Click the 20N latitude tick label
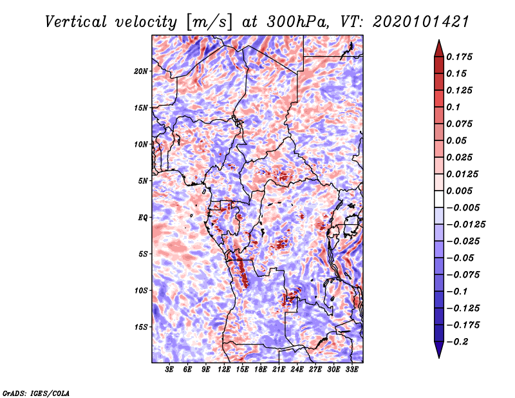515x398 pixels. click(x=141, y=71)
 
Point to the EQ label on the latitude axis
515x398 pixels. click(x=142, y=218)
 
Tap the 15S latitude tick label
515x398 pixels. click(x=141, y=327)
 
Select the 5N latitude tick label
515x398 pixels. click(x=143, y=181)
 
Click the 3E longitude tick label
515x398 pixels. click(x=170, y=370)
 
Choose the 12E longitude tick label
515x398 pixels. click(x=225, y=370)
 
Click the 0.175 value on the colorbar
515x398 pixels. click(x=462, y=57)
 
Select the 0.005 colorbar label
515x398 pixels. click(x=462, y=191)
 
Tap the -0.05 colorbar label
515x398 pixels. click(x=461, y=258)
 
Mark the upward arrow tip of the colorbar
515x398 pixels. click(x=438, y=42)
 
